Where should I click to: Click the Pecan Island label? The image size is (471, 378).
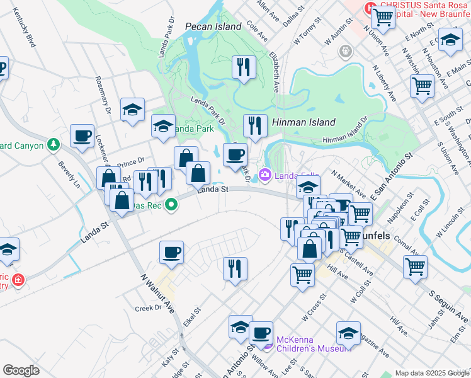coord(213,26)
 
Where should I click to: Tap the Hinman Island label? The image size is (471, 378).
coord(304,122)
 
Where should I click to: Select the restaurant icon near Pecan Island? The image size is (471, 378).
coord(243,66)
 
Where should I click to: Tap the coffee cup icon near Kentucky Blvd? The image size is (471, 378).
coord(82,135)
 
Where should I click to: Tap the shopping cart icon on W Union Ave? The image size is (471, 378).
coord(382,17)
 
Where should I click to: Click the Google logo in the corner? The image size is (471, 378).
coord(21,370)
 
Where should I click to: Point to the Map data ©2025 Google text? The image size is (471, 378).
coord(431,373)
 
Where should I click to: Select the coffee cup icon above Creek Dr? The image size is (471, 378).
coord(171,252)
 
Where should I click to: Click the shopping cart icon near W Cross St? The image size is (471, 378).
coord(302,274)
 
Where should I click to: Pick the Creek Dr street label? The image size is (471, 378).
coord(149,309)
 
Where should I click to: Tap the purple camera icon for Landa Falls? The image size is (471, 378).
coord(265,175)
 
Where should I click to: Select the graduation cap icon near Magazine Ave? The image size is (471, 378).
coord(348,333)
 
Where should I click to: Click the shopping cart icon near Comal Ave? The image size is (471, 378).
coord(415,266)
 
